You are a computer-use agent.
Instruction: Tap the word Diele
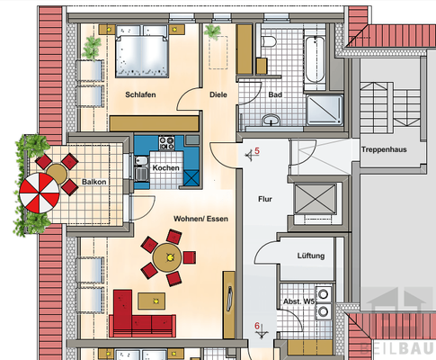tap(218, 94)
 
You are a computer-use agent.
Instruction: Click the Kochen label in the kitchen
tap(165, 168)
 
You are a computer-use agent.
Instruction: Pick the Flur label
tap(265, 199)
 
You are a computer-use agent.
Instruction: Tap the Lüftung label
tap(311, 256)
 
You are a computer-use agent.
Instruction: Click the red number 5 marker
tap(256, 152)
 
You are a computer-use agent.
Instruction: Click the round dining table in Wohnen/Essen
tap(166, 258)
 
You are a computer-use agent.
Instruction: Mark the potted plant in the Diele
tap(213, 32)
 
